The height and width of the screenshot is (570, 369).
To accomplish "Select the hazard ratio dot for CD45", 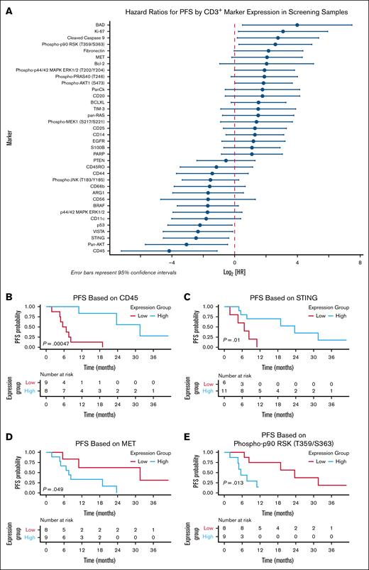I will click(169, 251).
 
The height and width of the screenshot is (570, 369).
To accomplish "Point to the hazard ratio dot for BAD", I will click(297, 25).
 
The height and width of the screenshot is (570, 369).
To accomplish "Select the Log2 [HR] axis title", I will click(235, 272).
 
